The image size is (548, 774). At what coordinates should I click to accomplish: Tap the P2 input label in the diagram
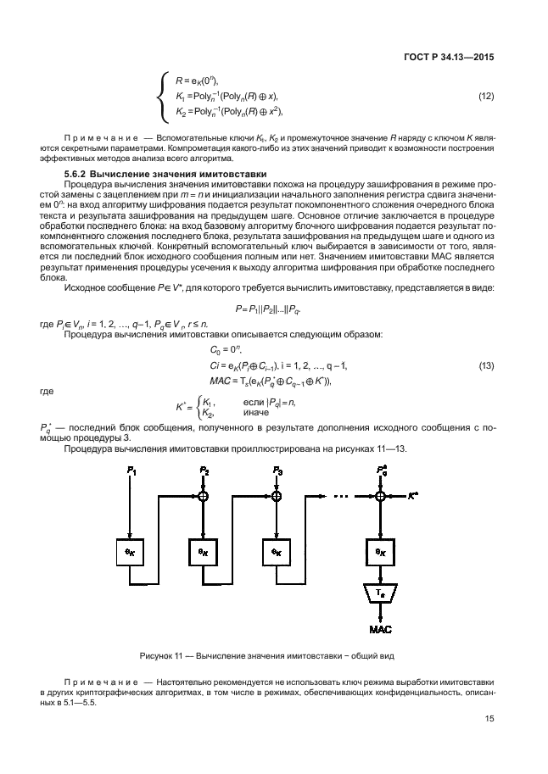204,469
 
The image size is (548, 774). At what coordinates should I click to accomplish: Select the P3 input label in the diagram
277,469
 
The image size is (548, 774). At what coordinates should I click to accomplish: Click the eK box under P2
204,550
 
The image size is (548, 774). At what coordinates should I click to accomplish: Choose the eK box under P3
277,550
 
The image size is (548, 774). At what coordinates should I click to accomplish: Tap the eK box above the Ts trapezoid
381,550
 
